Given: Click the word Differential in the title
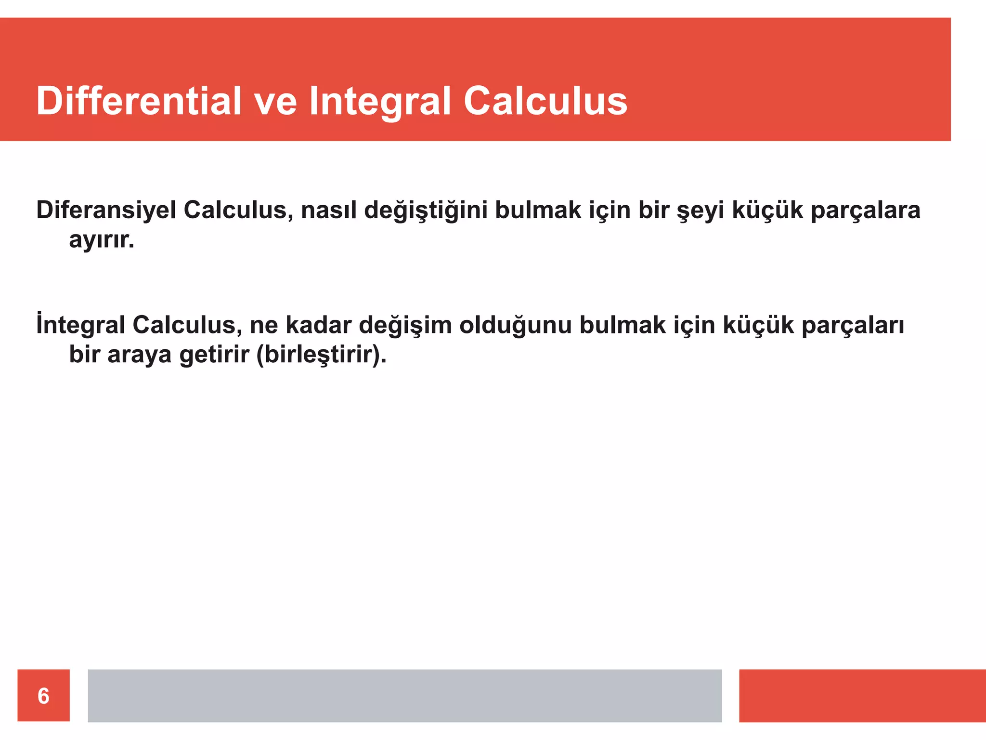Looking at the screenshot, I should [139, 101].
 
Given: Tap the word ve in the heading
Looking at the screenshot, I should [275, 102].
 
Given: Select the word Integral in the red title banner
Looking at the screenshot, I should [380, 102].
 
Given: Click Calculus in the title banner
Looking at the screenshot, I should [545, 101].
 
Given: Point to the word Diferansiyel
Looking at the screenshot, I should [106, 211].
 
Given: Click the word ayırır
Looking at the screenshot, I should [101, 240].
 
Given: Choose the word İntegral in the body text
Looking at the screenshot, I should [80, 325].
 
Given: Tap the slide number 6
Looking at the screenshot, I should [43, 696].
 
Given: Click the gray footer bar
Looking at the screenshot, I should [404, 696].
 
